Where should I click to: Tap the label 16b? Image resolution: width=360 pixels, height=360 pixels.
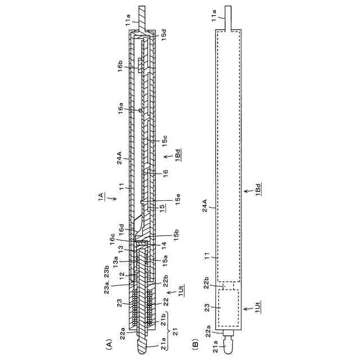click(120, 66)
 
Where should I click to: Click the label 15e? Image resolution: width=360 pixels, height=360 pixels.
click(178, 200)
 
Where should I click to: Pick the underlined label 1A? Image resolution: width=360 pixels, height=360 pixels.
click(101, 197)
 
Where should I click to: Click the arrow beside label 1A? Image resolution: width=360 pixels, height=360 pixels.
click(113, 198)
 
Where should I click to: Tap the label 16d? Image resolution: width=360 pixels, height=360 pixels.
click(121, 229)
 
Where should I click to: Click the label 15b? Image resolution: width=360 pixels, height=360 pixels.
click(176, 235)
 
